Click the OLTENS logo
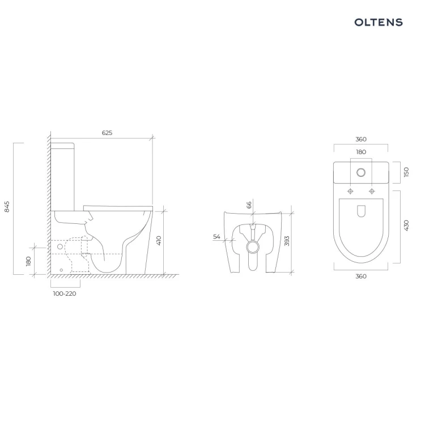coord(379,22)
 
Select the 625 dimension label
coord(107,133)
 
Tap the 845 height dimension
coord(7,206)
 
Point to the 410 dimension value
coord(159,240)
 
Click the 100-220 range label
coord(65,294)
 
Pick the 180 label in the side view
coord(28,261)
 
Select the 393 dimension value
coord(287,241)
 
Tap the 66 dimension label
coord(249,205)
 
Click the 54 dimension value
coord(216,237)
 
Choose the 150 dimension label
coord(406,172)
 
